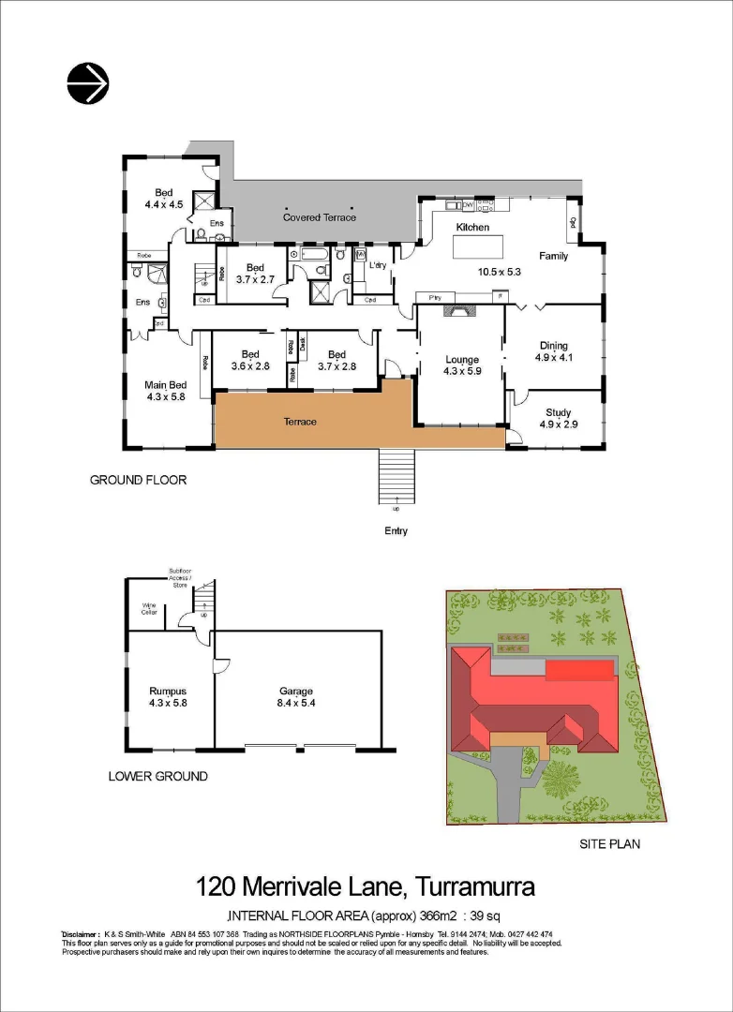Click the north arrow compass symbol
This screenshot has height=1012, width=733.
pyautogui.click(x=88, y=83)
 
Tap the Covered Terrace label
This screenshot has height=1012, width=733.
pyautogui.click(x=320, y=217)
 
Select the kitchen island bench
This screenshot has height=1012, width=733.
pyautogui.click(x=478, y=246)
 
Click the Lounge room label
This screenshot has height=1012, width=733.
pyautogui.click(x=461, y=360)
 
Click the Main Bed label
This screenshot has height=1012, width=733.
pyautogui.click(x=166, y=384)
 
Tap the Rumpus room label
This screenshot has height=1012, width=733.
pyautogui.click(x=169, y=692)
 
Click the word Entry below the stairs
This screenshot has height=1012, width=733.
pyautogui.click(x=396, y=531)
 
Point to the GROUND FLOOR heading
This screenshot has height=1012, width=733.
pyautogui.click(x=138, y=480)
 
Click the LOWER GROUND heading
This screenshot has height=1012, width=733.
pyautogui.click(x=157, y=776)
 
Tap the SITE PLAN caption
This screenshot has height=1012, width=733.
pyautogui.click(x=609, y=843)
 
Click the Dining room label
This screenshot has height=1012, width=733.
pyautogui.click(x=553, y=344)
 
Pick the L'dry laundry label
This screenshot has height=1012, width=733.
pyautogui.click(x=380, y=267)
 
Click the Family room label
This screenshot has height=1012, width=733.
pyautogui.click(x=553, y=256)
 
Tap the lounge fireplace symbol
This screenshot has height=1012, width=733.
pyautogui.click(x=459, y=308)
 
